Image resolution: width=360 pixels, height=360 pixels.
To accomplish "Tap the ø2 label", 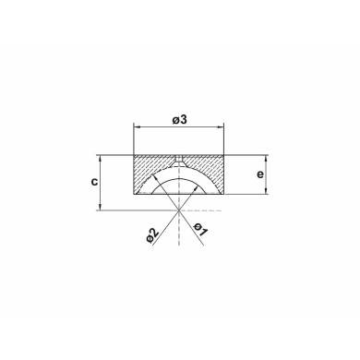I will point(153,234).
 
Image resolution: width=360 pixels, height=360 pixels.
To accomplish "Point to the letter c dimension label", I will point(95,181).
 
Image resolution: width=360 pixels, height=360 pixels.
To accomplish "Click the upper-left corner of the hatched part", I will point(135,154).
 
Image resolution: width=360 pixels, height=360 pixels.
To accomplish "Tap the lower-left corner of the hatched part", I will point(135,195).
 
